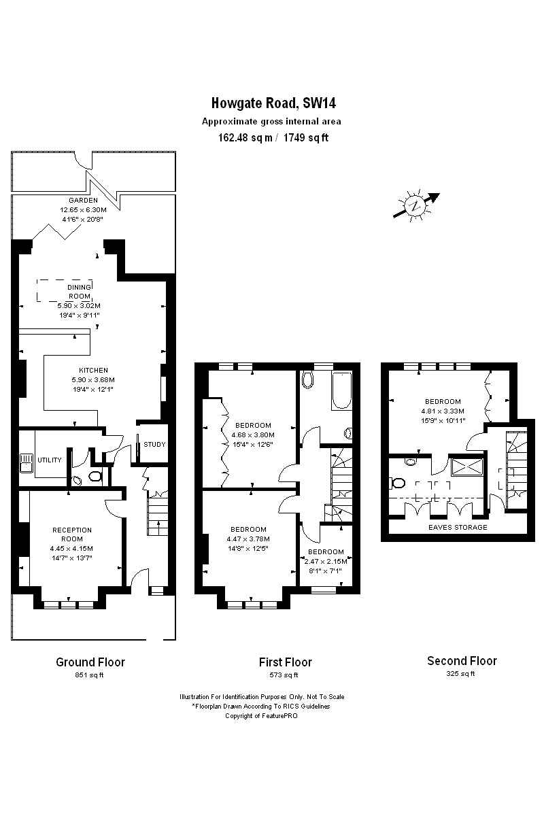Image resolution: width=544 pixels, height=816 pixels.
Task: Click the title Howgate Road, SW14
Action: (273, 104)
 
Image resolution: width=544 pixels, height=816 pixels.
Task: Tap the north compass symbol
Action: (415, 206)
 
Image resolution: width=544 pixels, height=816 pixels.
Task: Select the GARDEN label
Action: (83, 201)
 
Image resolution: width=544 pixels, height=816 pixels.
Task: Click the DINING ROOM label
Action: (79, 292)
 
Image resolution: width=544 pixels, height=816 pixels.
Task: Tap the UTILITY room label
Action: (50, 460)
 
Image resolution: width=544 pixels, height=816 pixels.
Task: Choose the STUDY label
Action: (154, 445)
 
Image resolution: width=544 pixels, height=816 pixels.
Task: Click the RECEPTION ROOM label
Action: (71, 534)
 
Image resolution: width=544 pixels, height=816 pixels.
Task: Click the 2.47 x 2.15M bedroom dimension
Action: (326, 562)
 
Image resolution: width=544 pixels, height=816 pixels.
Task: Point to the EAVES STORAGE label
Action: (457, 527)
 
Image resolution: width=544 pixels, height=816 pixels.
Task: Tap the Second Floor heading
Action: (462, 661)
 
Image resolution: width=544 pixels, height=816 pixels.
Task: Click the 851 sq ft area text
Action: (90, 675)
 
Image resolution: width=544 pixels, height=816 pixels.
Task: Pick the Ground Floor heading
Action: (90, 662)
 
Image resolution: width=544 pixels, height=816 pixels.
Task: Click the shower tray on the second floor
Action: (466, 468)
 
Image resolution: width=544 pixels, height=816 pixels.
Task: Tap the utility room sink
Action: (26, 463)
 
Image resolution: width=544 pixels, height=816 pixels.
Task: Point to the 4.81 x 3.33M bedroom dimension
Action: (442, 411)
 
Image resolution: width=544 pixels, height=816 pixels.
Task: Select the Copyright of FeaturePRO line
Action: (261, 716)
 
